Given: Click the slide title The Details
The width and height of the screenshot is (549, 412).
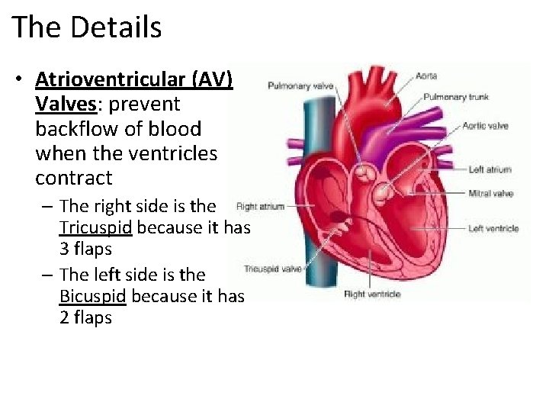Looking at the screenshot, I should point(87,27).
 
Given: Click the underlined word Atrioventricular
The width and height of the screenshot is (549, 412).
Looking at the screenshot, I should point(112,79).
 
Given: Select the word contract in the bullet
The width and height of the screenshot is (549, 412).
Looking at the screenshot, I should point(73,179).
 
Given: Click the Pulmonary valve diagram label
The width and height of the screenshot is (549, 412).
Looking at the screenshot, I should point(300,86).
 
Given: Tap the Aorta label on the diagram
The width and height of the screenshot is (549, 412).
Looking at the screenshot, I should point(427,76).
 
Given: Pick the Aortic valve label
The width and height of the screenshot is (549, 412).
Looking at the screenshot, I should point(485,125).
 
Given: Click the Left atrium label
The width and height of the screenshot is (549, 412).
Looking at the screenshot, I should point(490,169).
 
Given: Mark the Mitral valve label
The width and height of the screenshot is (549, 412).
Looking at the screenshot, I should point(490,194).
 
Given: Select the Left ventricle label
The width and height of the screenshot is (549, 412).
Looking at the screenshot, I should point(493,228).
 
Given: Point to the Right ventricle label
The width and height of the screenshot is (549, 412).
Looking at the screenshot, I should point(372,294).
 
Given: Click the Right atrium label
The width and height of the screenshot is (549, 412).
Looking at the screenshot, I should point(260,206).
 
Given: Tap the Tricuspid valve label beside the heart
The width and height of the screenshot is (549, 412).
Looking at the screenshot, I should point(272,269).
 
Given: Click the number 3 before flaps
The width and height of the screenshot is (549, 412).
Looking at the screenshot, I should point(64,249).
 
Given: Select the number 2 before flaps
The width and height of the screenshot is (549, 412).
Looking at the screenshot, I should point(64,318).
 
